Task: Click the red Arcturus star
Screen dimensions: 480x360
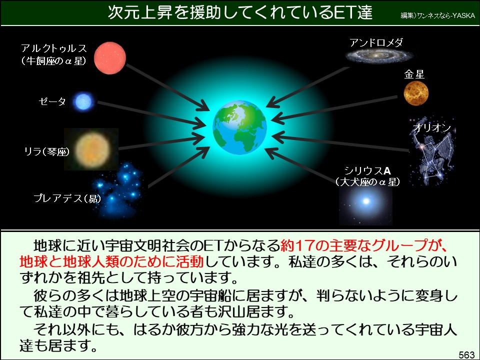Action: pos(110,58)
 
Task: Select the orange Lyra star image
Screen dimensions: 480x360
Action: pos(91,149)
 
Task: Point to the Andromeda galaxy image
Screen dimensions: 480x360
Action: pos(379,55)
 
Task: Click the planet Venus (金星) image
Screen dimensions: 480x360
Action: pos(416,93)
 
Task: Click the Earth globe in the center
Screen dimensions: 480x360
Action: pos(239,127)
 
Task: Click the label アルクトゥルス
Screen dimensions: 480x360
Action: pos(54,48)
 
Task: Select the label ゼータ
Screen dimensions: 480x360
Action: pos(52,101)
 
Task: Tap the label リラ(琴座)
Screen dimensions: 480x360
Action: pos(46,151)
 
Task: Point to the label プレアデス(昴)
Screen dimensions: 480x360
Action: pos(67,198)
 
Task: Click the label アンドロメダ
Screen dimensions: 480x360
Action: pos(376,42)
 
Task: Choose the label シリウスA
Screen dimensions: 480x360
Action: pos(367,170)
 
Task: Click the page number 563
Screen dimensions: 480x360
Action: pos(466,354)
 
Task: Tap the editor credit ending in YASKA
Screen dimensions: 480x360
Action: pos(438,15)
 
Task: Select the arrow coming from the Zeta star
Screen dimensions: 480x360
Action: pos(150,113)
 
